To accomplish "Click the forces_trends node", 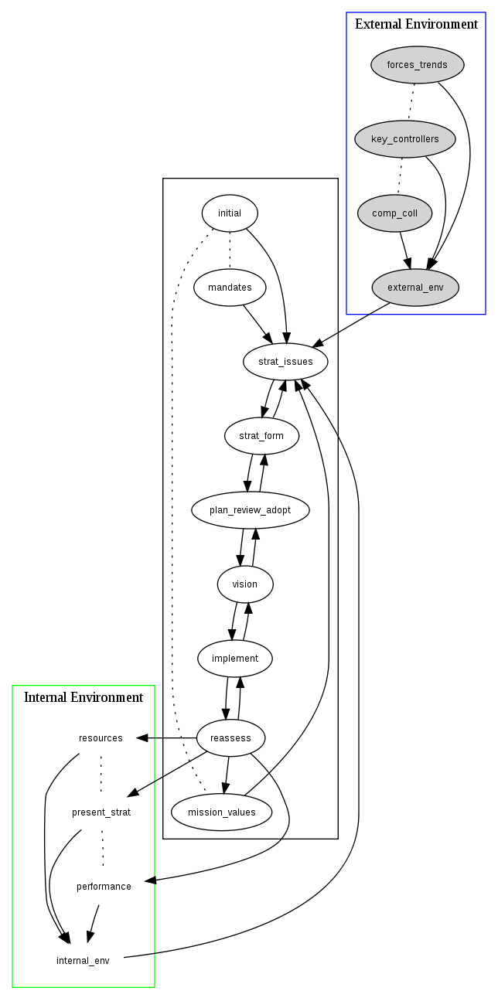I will (x=418, y=65).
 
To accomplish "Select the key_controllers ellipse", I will (x=405, y=139).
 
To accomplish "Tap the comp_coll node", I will (x=394, y=213).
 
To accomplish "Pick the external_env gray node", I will (x=415, y=288).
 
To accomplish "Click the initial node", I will (x=230, y=213).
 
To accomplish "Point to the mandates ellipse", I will (x=230, y=288).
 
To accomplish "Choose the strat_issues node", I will (x=285, y=361).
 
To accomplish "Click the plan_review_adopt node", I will (x=251, y=510).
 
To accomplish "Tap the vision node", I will (x=245, y=584).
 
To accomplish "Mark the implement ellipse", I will (x=235, y=659).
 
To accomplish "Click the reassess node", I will (x=230, y=738).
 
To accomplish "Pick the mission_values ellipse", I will (x=221, y=812).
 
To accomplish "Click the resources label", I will (x=101, y=738).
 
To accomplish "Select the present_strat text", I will (x=101, y=812).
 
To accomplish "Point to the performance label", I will (x=104, y=887).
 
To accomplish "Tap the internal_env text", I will (x=83, y=961).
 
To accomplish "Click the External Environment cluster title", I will (x=416, y=25).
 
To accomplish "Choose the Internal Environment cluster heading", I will (x=84, y=698).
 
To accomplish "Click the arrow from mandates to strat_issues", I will (x=258, y=324).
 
